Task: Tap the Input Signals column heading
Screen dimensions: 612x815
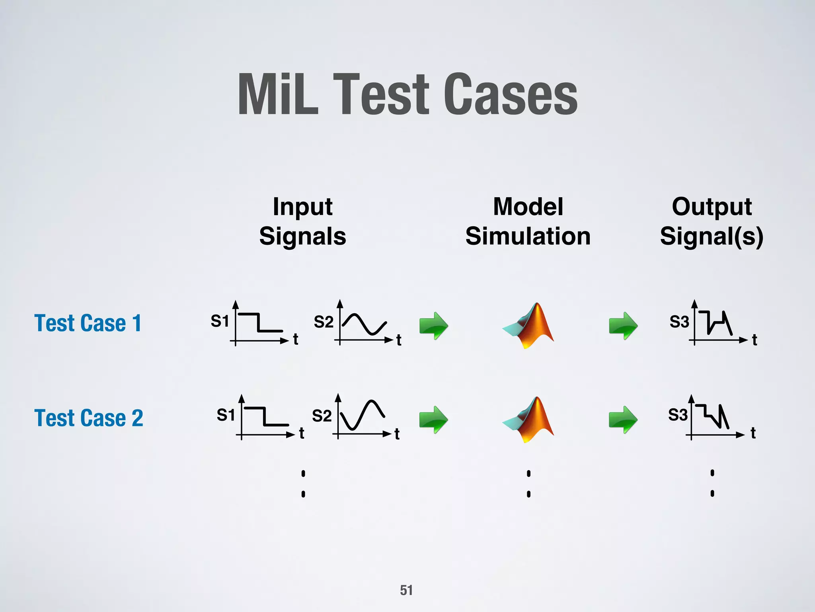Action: [x=302, y=222]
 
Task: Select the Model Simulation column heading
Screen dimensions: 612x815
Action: [x=528, y=222]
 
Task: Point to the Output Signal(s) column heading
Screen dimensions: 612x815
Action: [x=712, y=222]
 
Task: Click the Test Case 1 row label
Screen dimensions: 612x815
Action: [x=88, y=323]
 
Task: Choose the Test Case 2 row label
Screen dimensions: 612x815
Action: [x=89, y=418]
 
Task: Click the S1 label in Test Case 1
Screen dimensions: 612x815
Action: [x=220, y=321]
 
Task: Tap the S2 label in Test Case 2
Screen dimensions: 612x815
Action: [x=322, y=416]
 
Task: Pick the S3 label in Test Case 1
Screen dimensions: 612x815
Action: [x=679, y=322]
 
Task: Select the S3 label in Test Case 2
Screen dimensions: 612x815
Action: [x=678, y=415]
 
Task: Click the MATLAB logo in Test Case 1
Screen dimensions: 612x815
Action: [x=528, y=325]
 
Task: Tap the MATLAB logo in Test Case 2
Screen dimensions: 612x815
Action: [x=528, y=420]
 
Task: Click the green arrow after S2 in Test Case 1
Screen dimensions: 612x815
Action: [x=434, y=326]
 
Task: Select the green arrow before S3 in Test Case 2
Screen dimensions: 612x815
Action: [x=623, y=420]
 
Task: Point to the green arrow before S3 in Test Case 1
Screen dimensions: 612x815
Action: [x=623, y=326]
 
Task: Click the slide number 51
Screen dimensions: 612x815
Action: [x=406, y=590]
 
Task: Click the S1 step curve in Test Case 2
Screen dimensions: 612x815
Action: [x=265, y=417]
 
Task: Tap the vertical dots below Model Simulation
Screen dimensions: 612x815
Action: [x=528, y=483]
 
